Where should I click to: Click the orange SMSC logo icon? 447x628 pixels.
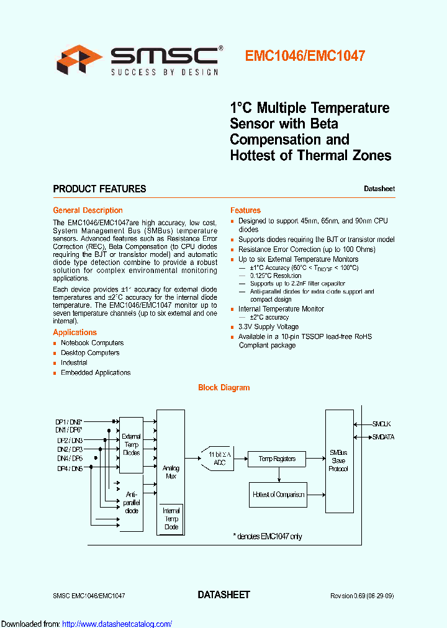[79, 59]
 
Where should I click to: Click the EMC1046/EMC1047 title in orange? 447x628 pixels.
[305, 56]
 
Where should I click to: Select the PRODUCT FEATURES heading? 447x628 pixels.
[99, 189]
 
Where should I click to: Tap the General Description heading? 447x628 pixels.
[88, 210]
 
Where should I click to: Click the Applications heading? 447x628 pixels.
[74, 333]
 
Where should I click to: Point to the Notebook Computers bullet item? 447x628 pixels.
[92, 343]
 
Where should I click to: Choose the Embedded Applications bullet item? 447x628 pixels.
[96, 372]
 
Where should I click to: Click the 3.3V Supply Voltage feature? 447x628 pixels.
[268, 326]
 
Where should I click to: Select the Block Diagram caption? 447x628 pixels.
[223, 387]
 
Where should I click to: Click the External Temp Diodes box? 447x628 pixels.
[131, 444]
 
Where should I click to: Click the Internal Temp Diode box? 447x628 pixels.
[171, 519]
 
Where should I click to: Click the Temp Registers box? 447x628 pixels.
[277, 459]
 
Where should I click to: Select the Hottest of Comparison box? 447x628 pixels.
[278, 495]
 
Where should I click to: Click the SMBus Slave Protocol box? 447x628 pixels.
[339, 460]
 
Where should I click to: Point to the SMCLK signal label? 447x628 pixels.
[381, 424]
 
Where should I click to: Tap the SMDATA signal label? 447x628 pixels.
[383, 437]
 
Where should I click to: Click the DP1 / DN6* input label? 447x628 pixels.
[69, 421]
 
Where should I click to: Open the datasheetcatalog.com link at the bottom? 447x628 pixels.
[117, 624]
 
